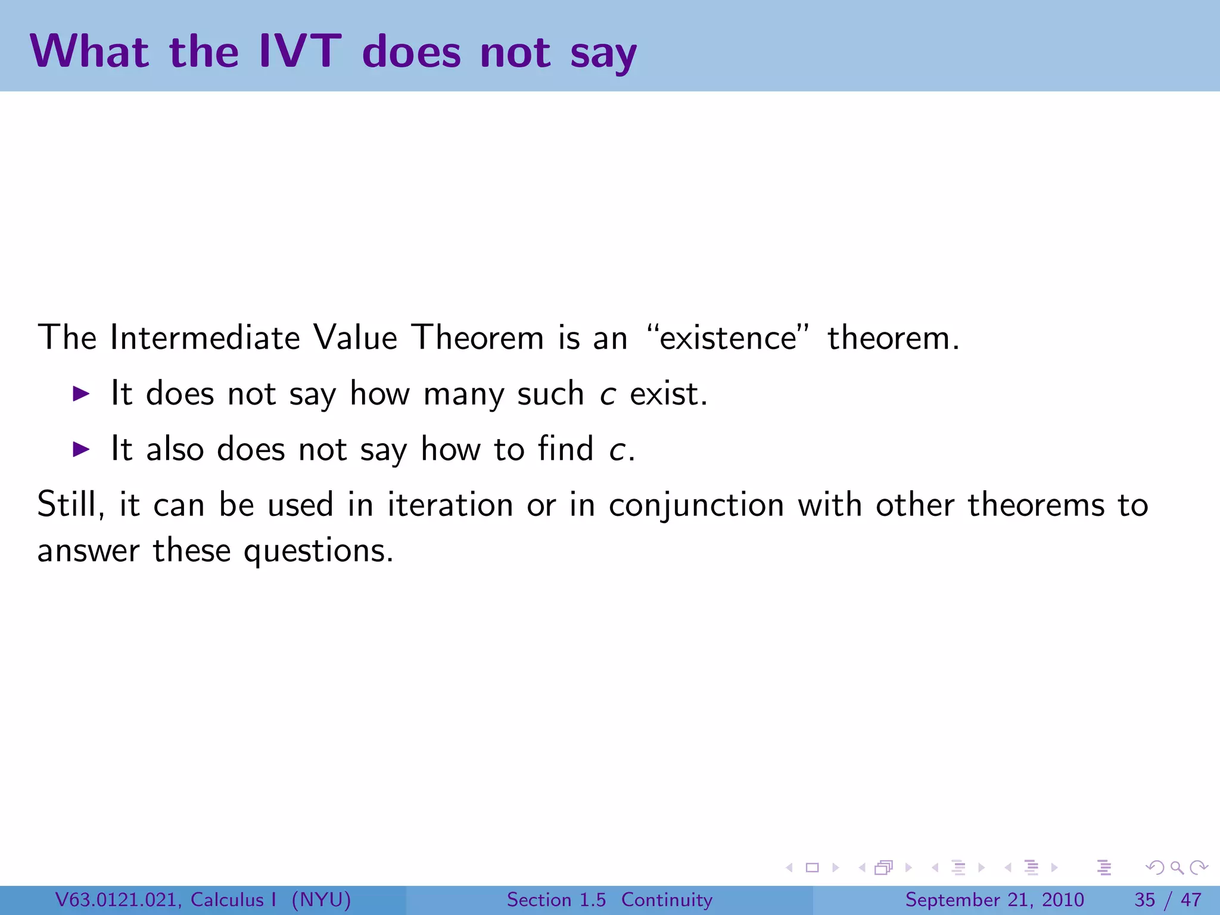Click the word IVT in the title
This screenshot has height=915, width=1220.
300,51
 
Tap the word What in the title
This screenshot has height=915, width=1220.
89,51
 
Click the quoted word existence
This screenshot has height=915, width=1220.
728,338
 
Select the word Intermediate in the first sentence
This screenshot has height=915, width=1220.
205,338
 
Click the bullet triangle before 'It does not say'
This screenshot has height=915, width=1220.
81,393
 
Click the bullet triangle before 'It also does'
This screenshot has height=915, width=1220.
81,449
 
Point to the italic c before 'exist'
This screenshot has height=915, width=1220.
607,395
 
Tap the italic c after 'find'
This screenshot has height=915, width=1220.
617,450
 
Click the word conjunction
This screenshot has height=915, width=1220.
696,505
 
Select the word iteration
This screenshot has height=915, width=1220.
450,505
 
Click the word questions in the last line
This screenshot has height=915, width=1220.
318,551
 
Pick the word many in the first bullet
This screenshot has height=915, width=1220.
463,395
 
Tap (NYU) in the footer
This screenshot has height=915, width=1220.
321,900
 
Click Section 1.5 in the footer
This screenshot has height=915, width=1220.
556,900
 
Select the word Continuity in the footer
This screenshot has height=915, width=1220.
667,900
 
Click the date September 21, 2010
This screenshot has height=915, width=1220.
994,900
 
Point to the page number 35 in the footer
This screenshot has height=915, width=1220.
1145,900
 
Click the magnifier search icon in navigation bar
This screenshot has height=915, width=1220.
1177,868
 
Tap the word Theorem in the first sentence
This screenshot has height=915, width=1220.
478,338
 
